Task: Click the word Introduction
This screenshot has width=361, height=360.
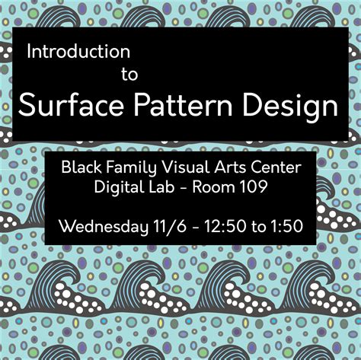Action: [x=78, y=52]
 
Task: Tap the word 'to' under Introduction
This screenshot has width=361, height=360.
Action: [x=129, y=75]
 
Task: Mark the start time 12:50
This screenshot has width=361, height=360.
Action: [x=219, y=226]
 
